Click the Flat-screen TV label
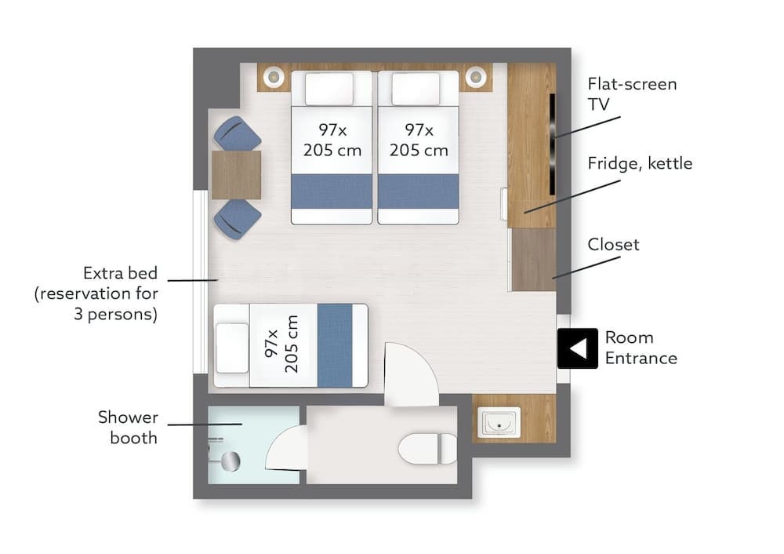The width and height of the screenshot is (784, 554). (632, 93)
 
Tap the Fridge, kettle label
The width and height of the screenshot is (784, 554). (640, 163)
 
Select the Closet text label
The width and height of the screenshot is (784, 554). (613, 244)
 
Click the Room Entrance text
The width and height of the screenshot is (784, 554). (641, 348)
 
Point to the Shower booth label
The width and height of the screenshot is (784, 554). (128, 428)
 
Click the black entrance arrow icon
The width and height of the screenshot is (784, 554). (578, 348)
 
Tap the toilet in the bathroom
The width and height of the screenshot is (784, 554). (427, 448)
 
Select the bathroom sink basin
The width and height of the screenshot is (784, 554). (499, 422)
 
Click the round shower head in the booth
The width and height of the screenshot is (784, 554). (230, 461)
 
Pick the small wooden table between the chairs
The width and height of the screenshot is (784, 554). (237, 175)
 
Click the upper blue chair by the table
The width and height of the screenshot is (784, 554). (237, 133)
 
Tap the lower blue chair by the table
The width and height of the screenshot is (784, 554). (237, 218)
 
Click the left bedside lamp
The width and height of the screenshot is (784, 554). (274, 77)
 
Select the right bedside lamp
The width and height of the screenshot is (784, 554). (476, 77)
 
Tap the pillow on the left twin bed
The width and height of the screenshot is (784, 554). (329, 89)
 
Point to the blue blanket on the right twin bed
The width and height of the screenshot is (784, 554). (418, 191)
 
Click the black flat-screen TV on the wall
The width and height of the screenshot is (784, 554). (553, 144)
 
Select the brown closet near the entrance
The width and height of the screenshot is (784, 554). (534, 260)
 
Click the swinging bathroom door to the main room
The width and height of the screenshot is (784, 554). (411, 374)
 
